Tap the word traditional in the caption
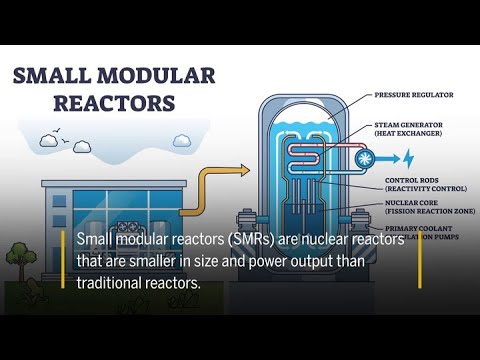[x=115, y=282]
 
